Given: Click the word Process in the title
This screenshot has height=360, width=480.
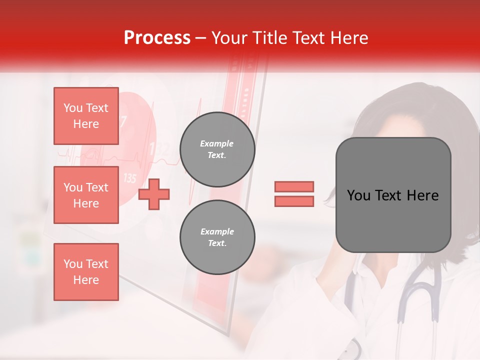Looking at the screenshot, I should tap(157, 38).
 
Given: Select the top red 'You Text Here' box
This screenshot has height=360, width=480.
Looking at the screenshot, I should tap(86, 116).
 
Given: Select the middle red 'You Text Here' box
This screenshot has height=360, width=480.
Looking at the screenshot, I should tap(86, 195).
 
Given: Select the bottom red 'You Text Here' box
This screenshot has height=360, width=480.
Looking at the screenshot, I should tap(86, 271).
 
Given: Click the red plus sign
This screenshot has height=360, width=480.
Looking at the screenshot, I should tap(154, 194).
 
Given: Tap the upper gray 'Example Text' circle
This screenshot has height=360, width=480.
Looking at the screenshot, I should tap(217, 149).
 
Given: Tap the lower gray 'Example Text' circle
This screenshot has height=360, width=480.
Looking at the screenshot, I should tap(217, 237).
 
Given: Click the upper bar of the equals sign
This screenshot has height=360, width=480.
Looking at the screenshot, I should tap(294, 187).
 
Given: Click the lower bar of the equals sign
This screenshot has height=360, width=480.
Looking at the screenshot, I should tap(294, 201).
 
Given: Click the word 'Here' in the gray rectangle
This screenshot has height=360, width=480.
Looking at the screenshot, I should tap(422, 195).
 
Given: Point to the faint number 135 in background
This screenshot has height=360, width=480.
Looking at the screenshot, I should tap(129, 178).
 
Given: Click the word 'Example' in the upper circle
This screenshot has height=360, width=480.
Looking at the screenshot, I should tap(217, 143).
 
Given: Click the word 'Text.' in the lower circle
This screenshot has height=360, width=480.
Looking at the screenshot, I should tap(217, 243).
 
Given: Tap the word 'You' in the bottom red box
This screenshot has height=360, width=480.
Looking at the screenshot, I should tap(73, 264).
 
